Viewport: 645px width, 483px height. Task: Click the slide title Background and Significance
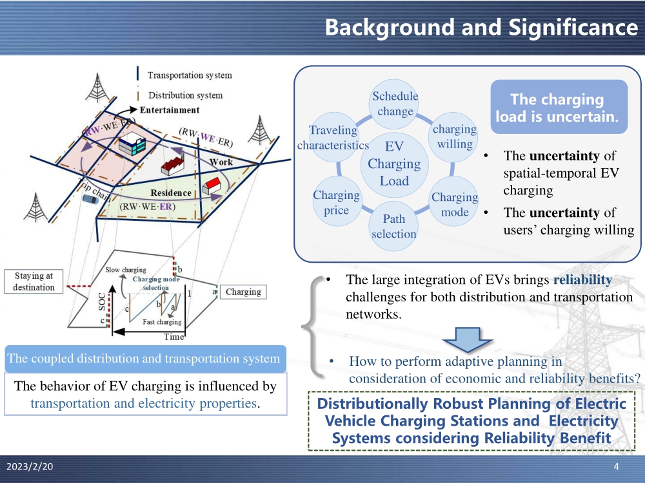(x=481, y=27)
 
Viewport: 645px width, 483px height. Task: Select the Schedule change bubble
(x=395, y=104)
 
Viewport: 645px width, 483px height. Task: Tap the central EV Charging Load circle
(x=394, y=164)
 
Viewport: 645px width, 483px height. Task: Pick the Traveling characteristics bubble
(x=333, y=137)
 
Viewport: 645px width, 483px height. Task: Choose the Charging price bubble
(x=336, y=202)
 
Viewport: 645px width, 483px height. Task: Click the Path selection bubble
(x=393, y=227)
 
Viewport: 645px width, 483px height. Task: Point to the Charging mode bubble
(x=455, y=204)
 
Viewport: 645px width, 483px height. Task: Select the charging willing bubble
(x=455, y=136)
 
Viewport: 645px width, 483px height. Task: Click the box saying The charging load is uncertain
(x=557, y=108)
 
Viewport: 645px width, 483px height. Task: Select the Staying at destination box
(x=34, y=281)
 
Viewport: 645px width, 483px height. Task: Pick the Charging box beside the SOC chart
(x=243, y=292)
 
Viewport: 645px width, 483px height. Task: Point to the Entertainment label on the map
(x=170, y=110)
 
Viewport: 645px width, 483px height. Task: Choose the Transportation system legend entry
(x=190, y=75)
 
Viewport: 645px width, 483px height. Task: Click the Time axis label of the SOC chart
(x=174, y=336)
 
